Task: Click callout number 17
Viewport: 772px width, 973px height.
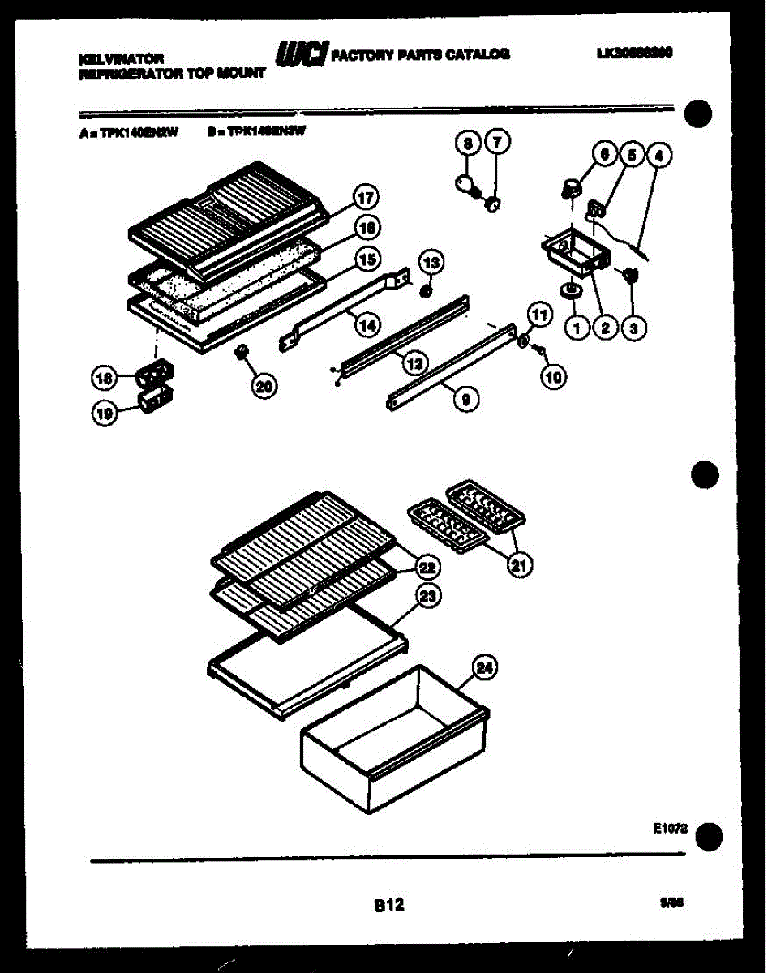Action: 367,197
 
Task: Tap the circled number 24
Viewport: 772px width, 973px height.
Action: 484,668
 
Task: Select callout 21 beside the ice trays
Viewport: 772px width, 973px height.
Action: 517,565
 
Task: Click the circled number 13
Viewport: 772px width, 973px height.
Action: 431,262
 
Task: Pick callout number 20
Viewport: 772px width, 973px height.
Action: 263,386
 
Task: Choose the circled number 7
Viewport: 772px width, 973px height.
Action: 495,144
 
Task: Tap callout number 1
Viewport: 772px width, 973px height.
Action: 577,328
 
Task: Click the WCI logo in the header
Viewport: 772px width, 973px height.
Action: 302,54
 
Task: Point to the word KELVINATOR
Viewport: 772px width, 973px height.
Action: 121,58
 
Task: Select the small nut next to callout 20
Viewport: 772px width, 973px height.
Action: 240,353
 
